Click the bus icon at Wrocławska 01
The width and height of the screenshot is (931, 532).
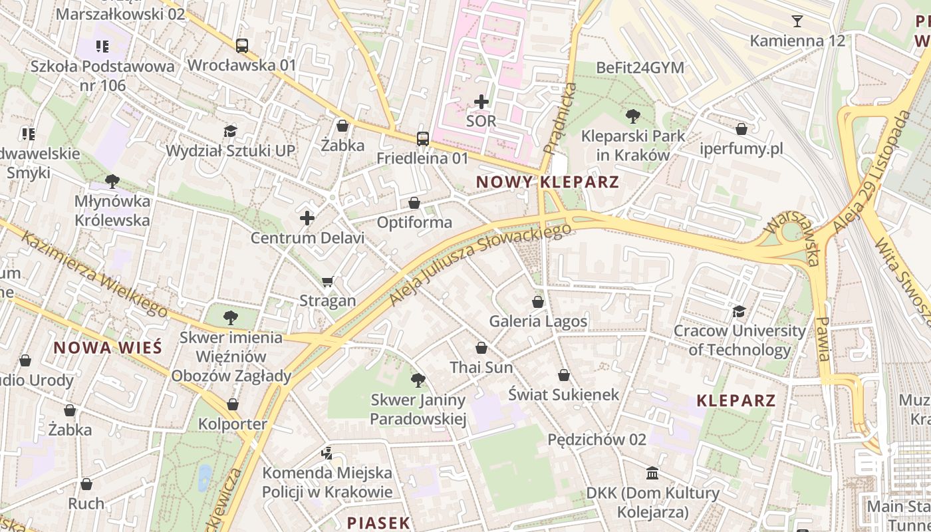coord(242,46)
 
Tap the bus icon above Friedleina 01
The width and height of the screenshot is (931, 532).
coord(423,138)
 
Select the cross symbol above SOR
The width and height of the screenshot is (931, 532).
coord(481,102)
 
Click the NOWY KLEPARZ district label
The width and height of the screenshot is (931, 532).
coord(547,182)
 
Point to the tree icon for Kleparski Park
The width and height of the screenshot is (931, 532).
coord(633,116)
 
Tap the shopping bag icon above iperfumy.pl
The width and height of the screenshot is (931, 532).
coord(741,129)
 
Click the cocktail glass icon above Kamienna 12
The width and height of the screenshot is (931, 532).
coord(797,21)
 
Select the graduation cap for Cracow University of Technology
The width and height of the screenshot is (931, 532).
coord(739,311)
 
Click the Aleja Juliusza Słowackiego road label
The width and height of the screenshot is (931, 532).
coord(480,265)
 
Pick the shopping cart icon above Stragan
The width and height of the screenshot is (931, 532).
coord(327,281)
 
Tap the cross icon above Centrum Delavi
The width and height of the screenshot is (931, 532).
coord(307,217)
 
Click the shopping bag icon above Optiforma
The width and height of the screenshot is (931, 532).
coord(414,203)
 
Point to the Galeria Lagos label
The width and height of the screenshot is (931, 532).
coord(538,322)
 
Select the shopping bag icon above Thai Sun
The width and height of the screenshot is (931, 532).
coord(481,348)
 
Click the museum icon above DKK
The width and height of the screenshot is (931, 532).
coord(652,473)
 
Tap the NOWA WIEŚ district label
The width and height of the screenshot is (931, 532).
coord(108,347)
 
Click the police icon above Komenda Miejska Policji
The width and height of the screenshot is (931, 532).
coord(327,454)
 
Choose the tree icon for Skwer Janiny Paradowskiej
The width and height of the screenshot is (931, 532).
coord(418,380)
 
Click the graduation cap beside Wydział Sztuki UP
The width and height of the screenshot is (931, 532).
coord(230,131)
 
